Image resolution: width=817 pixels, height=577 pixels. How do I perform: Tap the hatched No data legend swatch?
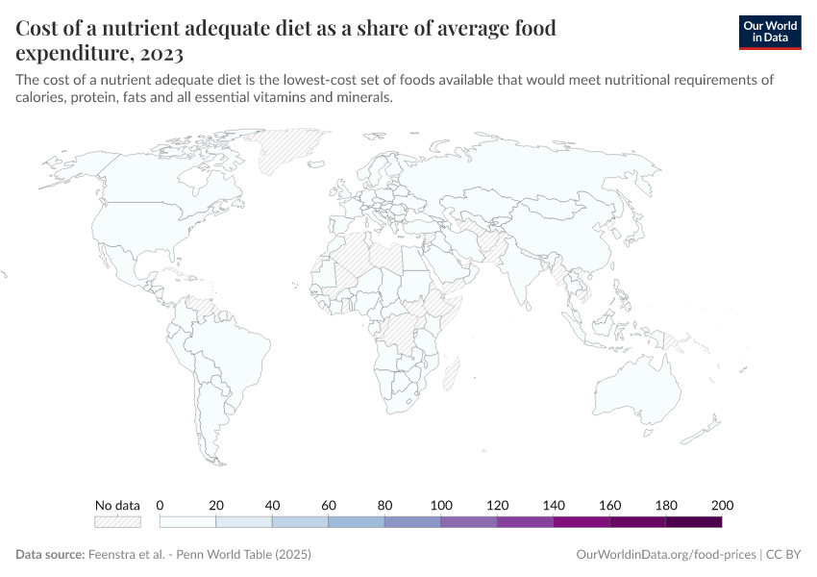tap(117, 521)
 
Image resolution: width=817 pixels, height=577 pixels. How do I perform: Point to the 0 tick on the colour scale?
tap(160, 505)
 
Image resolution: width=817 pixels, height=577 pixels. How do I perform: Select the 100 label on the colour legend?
tap(441, 505)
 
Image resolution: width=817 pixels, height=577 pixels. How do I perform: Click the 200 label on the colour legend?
tap(722, 505)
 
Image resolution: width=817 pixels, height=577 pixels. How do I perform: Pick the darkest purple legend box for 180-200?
tap(694, 521)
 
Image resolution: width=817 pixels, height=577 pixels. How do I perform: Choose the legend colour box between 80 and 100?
tap(412, 521)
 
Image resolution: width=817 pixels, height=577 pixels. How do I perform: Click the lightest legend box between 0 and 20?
tap(187, 521)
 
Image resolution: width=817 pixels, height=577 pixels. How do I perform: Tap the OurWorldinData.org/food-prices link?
tap(665, 555)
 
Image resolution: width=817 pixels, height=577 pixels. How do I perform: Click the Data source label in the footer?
tap(50, 555)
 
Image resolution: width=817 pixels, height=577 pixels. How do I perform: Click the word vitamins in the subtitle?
tap(289, 98)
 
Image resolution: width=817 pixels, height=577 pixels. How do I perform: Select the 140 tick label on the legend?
tap(554, 505)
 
